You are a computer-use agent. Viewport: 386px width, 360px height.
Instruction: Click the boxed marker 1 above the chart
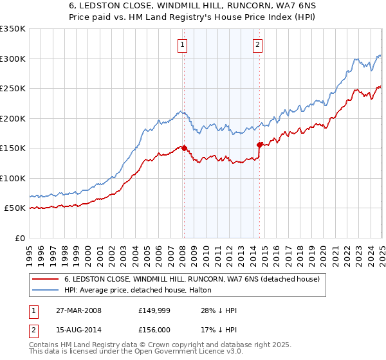point(183,45)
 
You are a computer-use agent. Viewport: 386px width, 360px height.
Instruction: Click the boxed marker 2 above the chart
point(257,45)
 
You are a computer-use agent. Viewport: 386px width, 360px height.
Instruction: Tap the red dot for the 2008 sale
point(184,148)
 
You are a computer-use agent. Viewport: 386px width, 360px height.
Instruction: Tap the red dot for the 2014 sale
point(259,145)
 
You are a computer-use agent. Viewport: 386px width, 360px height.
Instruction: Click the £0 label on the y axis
point(19,238)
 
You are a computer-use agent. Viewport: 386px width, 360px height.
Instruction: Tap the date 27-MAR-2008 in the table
point(78,310)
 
